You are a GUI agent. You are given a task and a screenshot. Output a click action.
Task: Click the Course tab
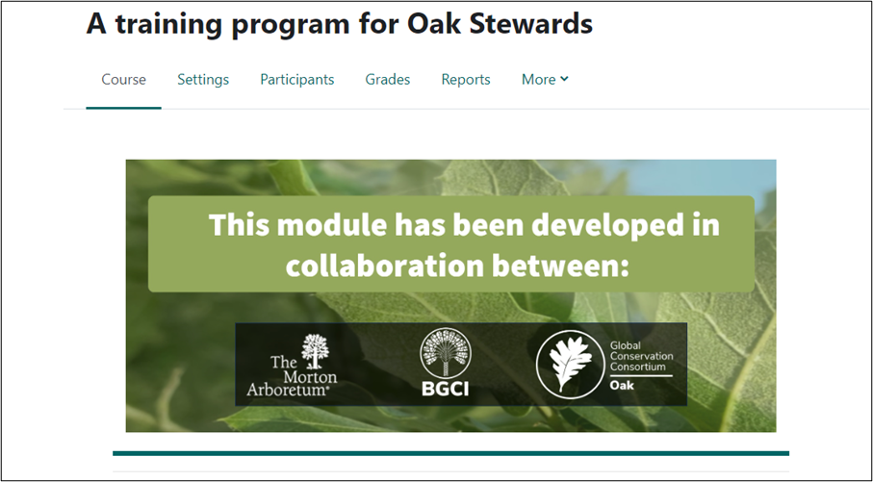(123, 80)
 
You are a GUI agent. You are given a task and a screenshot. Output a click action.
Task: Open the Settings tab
(203, 80)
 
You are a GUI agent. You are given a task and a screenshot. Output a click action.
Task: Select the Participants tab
(297, 80)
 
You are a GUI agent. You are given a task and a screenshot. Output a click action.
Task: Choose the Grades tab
(388, 80)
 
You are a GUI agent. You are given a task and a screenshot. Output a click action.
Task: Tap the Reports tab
(466, 80)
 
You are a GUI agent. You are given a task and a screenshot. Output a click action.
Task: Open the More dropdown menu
(545, 80)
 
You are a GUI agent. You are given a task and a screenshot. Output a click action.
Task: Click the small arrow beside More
(564, 79)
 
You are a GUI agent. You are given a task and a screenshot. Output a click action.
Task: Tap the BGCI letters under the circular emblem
(445, 388)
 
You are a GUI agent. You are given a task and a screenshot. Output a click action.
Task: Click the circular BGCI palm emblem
(445, 353)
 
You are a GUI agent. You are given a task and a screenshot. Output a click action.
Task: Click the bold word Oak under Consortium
(622, 385)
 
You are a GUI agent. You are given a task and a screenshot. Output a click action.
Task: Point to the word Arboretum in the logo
(288, 389)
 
